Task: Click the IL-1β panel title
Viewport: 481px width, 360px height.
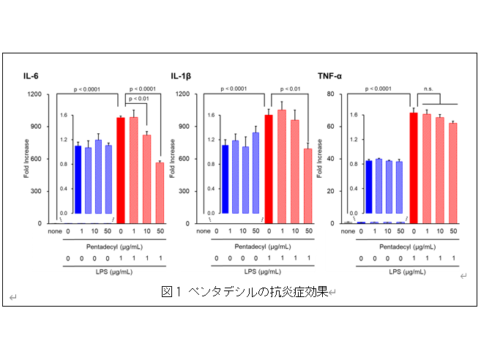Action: pos(180,75)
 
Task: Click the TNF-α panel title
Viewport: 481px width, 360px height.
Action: pos(329,75)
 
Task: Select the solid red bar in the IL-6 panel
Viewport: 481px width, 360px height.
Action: pos(121,170)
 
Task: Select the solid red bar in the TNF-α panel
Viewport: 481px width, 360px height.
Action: pos(414,168)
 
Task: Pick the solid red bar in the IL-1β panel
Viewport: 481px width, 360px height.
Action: pos(268,169)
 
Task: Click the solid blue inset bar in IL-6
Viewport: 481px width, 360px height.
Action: pos(78,179)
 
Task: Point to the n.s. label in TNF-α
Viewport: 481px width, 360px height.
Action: pos(429,89)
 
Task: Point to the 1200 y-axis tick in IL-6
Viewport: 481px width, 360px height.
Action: pos(34,94)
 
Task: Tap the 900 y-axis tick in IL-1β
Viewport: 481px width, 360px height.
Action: pos(182,127)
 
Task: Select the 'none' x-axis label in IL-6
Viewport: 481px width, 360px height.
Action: pos(56,232)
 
